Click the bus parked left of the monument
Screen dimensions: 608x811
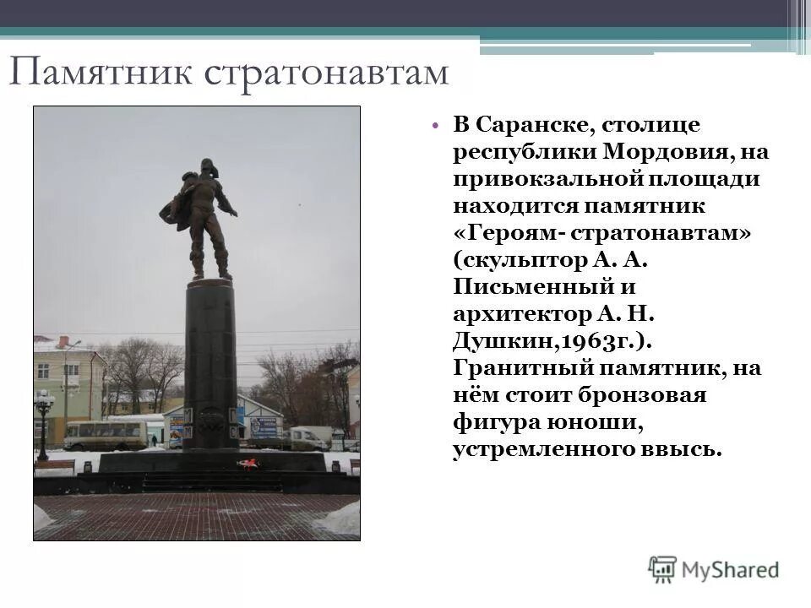(x=106, y=435)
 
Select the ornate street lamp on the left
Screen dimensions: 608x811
(x=43, y=414)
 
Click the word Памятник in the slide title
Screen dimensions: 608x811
(x=101, y=73)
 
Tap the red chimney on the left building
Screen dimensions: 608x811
(x=63, y=341)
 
